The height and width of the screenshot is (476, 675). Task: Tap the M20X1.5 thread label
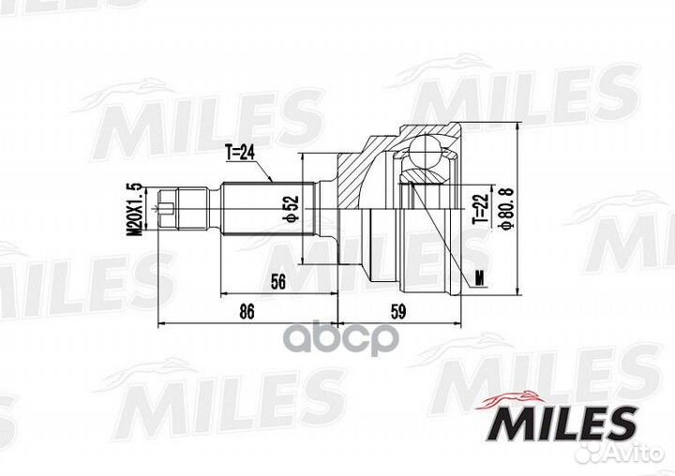click(x=134, y=210)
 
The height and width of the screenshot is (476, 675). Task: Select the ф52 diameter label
click(x=291, y=209)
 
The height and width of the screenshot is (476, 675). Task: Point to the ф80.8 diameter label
click(x=505, y=208)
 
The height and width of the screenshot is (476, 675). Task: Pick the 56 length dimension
click(x=278, y=282)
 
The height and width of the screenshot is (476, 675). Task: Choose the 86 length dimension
click(x=247, y=311)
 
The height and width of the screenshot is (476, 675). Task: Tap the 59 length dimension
click(x=398, y=311)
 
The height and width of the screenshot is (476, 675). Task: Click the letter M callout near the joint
click(x=480, y=278)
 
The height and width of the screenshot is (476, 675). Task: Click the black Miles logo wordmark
click(x=563, y=424)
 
